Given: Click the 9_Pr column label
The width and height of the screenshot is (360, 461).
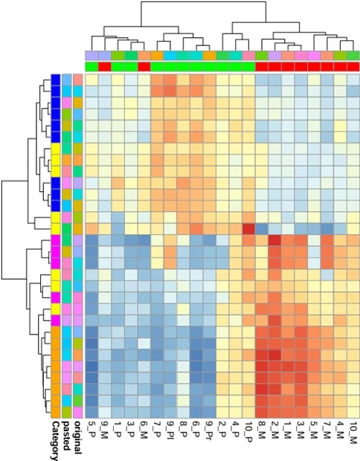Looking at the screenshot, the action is point(209,429).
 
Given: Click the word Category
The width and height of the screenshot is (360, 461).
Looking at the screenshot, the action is point(55,440).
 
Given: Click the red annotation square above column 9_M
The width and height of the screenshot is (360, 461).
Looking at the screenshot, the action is point(104,67).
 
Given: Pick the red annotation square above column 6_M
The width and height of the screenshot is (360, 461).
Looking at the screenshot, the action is point(144,67).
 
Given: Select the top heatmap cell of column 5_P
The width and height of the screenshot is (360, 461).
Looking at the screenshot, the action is point(91,80).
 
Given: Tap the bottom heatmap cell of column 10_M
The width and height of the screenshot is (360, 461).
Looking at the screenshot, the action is point(353,412).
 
